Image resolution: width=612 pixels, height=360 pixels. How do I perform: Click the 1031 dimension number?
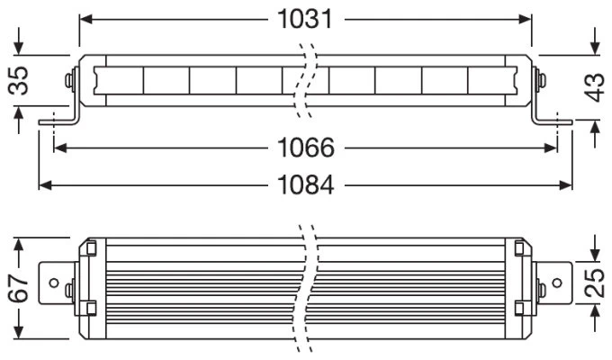[x=305, y=19]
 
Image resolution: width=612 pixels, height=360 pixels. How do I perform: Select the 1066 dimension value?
[x=306, y=148]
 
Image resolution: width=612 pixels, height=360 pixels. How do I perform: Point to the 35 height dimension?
[x=19, y=80]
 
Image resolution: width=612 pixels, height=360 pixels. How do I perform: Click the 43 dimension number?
[x=594, y=87]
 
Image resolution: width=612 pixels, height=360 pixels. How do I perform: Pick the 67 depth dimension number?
[x=19, y=288]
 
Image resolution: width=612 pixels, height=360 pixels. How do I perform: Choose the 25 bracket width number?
[x=594, y=283]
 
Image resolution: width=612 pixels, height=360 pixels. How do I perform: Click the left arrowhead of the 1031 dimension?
[x=85, y=19]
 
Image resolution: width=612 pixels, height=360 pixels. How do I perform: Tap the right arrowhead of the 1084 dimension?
[x=565, y=185]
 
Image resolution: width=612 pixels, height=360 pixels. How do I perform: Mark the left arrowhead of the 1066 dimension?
[x=60, y=148]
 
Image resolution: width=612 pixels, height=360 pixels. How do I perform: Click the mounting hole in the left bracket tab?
[x=54, y=283]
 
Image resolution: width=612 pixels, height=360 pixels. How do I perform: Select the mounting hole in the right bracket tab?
[x=557, y=283]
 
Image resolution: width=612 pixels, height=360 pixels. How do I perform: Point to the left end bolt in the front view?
[x=70, y=80]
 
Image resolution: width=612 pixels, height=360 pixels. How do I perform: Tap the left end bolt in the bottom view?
[x=70, y=290]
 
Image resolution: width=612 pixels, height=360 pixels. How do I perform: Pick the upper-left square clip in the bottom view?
[x=91, y=248]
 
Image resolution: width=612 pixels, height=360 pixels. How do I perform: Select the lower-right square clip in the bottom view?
[x=519, y=308]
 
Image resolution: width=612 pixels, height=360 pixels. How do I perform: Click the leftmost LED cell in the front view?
[x=119, y=80]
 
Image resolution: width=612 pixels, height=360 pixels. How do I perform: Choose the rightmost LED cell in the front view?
[x=492, y=80]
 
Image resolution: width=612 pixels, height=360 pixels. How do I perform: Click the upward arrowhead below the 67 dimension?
[x=19, y=333]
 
